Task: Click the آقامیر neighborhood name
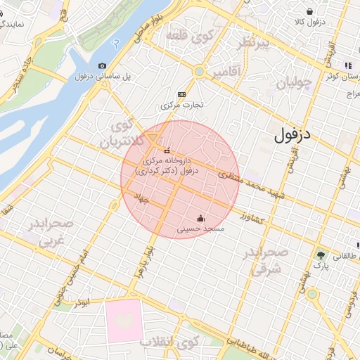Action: click(225, 72)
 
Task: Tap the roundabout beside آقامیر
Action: click(199, 71)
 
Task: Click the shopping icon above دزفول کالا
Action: click(310, 11)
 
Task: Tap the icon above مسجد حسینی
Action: click(200, 217)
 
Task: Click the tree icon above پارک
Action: click(321, 255)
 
